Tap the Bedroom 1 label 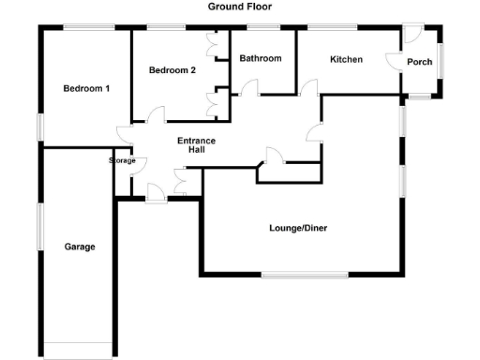[87, 89]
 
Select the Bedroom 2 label [172, 70]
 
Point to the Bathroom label [260, 58]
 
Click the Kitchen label [346, 59]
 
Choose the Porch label [421, 62]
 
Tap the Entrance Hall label [197, 145]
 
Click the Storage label [123, 160]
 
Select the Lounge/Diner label [298, 227]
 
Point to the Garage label [80, 247]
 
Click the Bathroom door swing [249, 88]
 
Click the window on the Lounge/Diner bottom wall [303, 275]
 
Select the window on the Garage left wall [39, 226]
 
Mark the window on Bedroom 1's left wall [39, 127]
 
